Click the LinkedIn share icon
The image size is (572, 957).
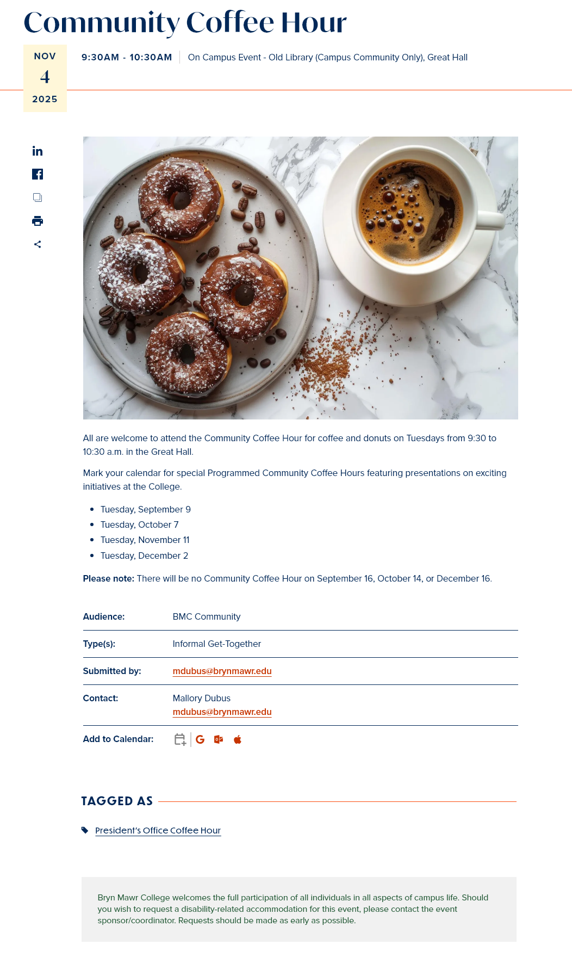38,151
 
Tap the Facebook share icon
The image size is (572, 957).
38,174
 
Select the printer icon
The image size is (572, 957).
38,221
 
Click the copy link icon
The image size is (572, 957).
38,197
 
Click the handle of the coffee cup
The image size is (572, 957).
492,219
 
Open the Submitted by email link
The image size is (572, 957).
222,671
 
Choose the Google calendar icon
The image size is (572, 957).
200,739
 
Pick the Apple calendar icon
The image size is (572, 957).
238,739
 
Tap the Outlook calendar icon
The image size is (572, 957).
219,739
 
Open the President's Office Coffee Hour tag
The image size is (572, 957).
158,831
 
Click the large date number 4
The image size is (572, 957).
45,77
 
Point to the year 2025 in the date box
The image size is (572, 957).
45,100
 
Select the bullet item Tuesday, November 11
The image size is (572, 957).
145,540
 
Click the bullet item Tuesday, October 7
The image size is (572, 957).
139,525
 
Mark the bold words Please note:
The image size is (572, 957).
108,579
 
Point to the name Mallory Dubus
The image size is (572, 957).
201,699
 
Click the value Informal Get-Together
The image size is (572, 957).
216,644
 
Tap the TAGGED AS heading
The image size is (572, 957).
117,801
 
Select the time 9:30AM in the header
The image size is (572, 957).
100,58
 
